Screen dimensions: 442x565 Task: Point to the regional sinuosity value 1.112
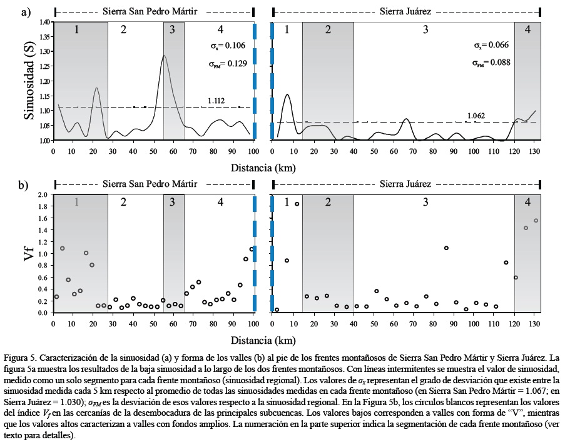[216, 101]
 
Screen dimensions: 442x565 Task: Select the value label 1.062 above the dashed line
[475, 116]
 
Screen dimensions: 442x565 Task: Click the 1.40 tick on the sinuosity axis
[44, 23]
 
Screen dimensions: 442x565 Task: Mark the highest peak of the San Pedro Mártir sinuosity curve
[164, 56]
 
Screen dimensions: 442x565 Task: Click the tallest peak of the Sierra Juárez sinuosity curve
[287, 94]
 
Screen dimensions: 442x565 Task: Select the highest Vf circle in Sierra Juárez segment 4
[536, 221]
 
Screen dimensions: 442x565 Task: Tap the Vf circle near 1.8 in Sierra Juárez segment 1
[297, 204]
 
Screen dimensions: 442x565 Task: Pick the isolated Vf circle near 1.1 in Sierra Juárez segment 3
[446, 248]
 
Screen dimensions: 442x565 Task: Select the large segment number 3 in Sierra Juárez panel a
[425, 29]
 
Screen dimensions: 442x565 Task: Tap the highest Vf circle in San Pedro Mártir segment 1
[63, 248]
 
